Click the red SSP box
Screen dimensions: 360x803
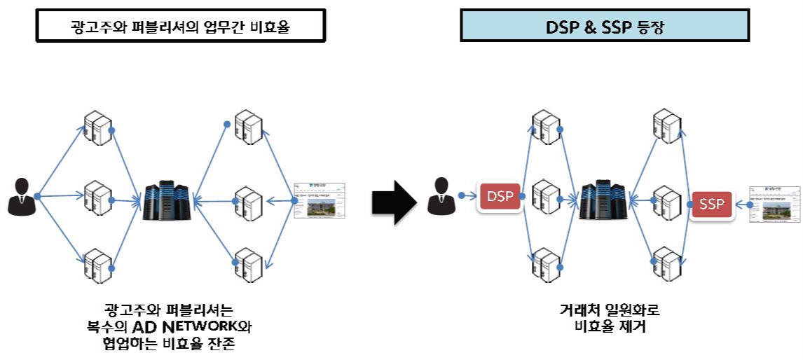[713, 205]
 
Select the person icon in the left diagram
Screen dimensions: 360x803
[20, 196]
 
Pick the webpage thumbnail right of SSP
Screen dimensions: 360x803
[774, 205]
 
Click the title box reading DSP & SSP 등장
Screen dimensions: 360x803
[605, 29]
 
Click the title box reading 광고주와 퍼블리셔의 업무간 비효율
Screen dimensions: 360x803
[181, 27]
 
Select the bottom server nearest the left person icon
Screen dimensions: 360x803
[97, 263]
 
